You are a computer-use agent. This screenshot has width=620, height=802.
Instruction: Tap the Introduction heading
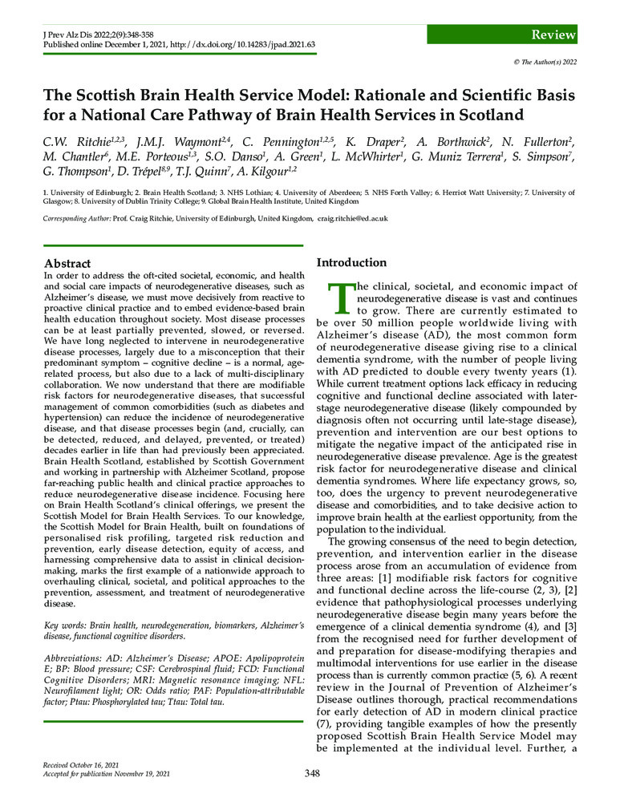(351, 262)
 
